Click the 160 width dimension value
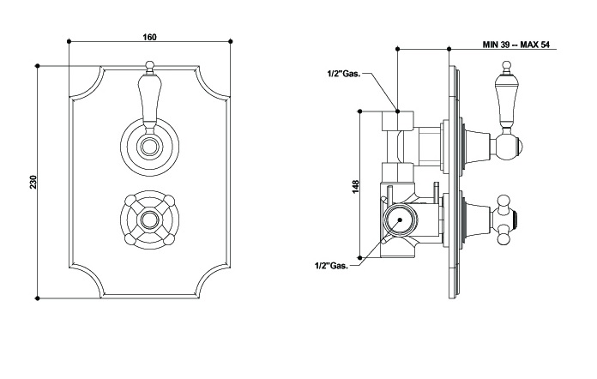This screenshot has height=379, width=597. pyautogui.click(x=149, y=36)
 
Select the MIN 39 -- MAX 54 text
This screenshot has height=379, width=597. pyautogui.click(x=528, y=43)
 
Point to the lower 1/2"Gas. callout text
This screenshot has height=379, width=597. pyautogui.click(x=331, y=266)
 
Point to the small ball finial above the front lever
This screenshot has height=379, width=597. pyautogui.click(x=149, y=65)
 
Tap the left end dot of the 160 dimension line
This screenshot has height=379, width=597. pyautogui.click(x=68, y=40)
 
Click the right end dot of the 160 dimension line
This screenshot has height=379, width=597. pyautogui.click(x=231, y=40)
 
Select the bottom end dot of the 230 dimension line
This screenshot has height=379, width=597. pyautogui.click(x=39, y=298)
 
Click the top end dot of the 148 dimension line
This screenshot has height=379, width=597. pyautogui.click(x=361, y=111)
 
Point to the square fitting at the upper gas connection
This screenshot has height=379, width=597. pyautogui.click(x=398, y=120)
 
